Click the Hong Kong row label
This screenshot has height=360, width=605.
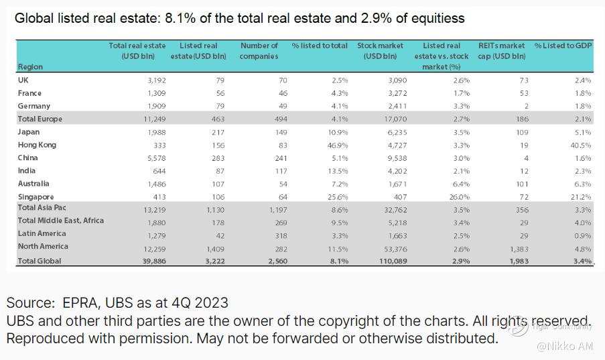coord(38,145)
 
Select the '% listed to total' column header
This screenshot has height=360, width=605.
coord(320,46)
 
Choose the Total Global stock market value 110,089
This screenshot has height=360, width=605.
coord(389,261)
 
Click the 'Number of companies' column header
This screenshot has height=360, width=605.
coord(259,51)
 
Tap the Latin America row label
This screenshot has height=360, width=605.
coord(42,234)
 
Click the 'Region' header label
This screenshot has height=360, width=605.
coord(30,67)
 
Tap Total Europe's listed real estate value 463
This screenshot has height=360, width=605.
coord(216,119)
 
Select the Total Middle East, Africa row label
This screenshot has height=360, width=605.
coord(61,221)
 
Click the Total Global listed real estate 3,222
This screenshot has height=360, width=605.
coord(212,261)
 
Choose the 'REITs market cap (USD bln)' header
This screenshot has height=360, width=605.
coord(502,51)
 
